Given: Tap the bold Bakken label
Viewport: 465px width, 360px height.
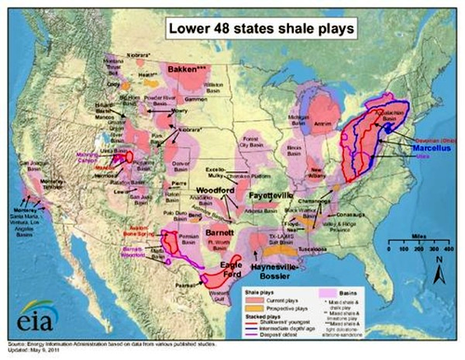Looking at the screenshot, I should point(189,70).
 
